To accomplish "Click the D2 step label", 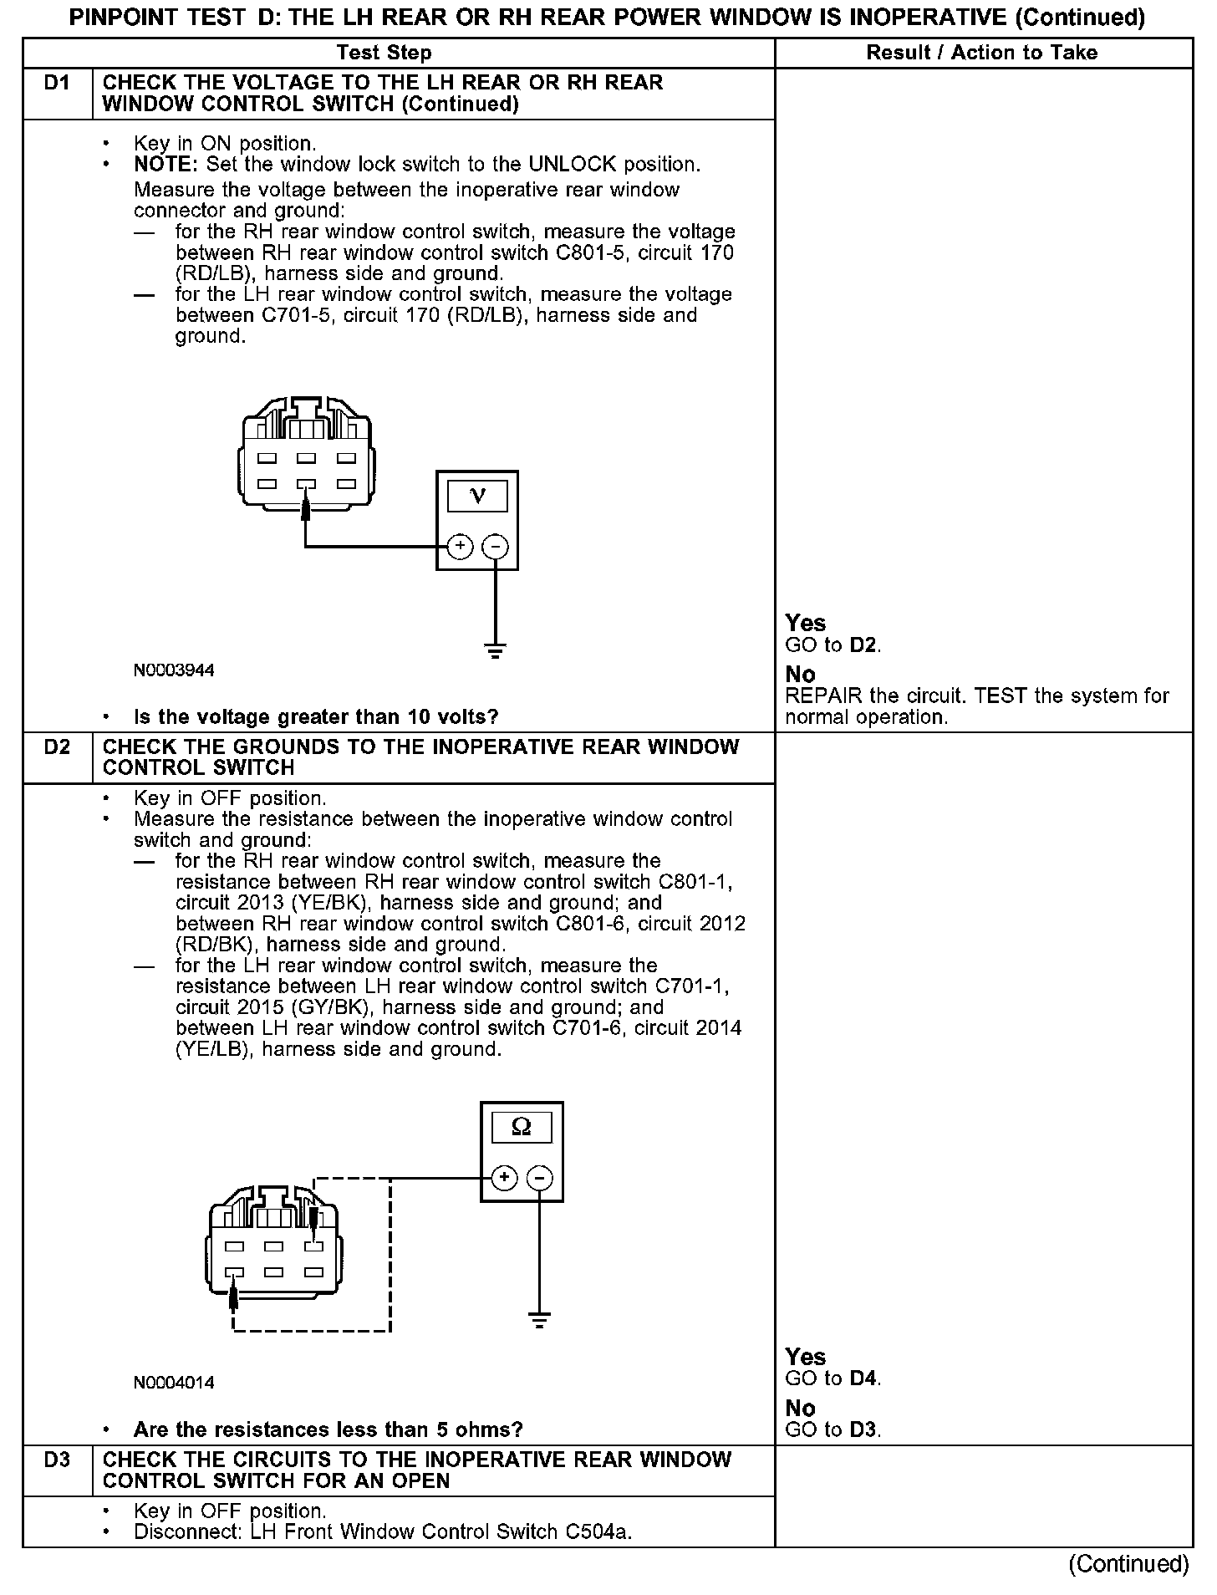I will point(57,747).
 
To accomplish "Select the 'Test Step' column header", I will point(384,54).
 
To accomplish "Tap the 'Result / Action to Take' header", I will point(981,54).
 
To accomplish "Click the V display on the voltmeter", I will point(477,497).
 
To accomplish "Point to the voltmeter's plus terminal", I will point(461,548).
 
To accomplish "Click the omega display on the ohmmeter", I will point(521,1128).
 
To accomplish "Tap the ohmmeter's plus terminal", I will point(504,1178).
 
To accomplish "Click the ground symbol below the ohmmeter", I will point(540,1321).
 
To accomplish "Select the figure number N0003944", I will point(174,670).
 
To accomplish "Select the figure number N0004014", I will point(174,1383).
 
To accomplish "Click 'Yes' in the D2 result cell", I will point(805,1357).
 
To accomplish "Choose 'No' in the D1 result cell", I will point(800,675).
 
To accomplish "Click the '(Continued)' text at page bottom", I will point(1128,1564).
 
